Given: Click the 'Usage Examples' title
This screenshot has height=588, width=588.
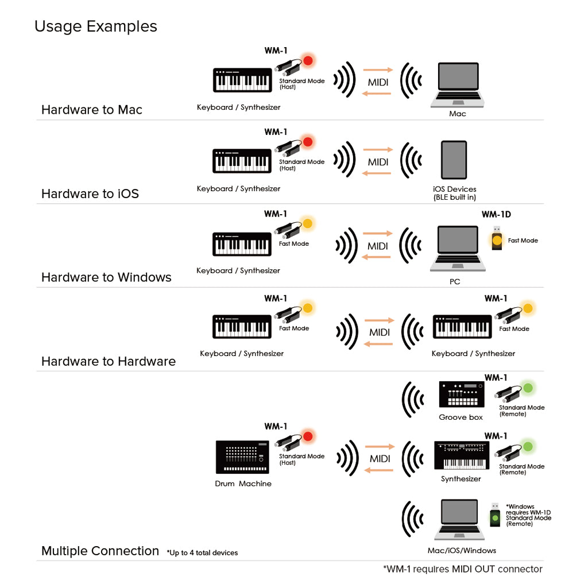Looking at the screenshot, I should point(95,26).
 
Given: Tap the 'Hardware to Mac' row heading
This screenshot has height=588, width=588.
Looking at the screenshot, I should point(92,110).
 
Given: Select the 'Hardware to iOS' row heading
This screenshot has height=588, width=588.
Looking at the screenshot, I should point(90,194).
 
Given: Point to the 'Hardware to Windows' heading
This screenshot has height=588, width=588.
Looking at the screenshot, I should point(106,277).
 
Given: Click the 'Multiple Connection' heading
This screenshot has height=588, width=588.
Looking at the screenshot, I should point(100,551).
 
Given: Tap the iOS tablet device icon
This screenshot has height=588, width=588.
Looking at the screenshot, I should point(454,160).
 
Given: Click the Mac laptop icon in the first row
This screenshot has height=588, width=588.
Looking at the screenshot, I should point(458,85).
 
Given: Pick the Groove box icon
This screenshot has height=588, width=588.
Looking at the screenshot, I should point(461,395).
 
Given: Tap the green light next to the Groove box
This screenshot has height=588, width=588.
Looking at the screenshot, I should point(528,388).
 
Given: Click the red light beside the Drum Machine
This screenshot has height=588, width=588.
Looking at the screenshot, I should point(308,436).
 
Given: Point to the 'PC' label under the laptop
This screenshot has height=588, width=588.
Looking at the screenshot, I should point(455,282).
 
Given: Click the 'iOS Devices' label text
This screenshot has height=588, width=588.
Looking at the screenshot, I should point(455,189).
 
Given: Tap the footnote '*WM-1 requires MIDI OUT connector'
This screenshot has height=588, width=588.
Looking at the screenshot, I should point(462,569).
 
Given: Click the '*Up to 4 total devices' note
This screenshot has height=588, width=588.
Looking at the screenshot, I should point(202,552).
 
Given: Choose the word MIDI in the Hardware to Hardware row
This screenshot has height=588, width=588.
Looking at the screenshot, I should point(380,332).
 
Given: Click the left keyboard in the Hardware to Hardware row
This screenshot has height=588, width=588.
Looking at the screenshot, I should point(242,327).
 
